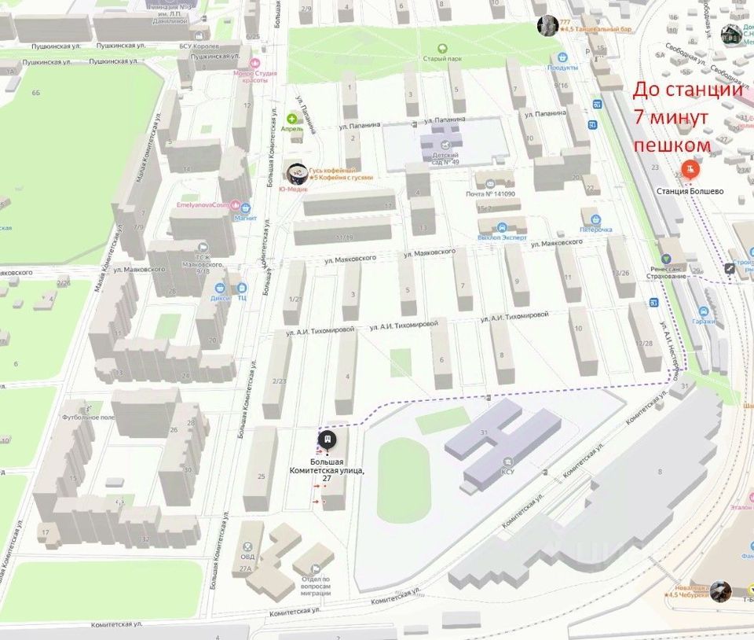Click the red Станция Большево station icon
(x=690, y=168)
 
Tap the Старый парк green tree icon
(x=442, y=48)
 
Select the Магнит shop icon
(x=247, y=209)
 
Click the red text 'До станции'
(x=687, y=90)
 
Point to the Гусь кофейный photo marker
(x=296, y=172)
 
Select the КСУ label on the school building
(x=508, y=473)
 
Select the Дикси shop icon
(x=221, y=288)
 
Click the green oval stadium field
(x=404, y=480)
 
